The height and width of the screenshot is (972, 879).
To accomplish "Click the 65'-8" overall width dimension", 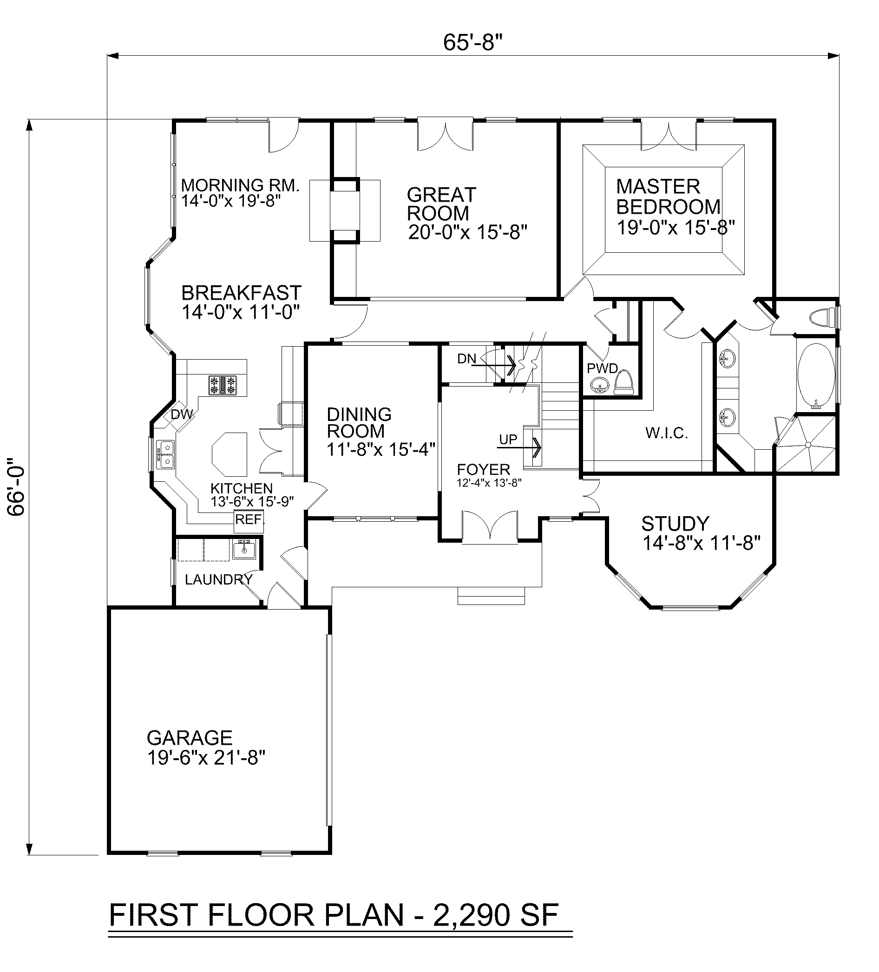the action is click(x=472, y=42).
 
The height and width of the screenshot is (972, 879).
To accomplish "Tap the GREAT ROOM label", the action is click(x=441, y=204).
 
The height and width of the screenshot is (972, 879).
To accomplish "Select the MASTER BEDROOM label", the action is click(x=668, y=196).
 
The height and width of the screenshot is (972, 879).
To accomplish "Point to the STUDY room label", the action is click(x=675, y=523).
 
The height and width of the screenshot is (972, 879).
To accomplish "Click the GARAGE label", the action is click(x=190, y=738).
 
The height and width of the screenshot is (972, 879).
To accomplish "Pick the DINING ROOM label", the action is click(x=359, y=422).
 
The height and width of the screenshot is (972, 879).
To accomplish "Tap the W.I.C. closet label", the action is click(x=666, y=433).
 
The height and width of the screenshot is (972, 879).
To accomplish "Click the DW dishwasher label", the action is click(x=182, y=414).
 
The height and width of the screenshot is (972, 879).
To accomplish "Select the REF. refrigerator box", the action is click(x=249, y=521).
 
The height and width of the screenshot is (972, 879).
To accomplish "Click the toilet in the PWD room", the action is click(x=624, y=382).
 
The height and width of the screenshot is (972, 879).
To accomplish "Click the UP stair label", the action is click(x=508, y=439).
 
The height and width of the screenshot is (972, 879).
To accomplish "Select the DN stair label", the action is click(x=466, y=358).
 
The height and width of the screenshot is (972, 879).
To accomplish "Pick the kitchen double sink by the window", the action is click(x=166, y=454).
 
